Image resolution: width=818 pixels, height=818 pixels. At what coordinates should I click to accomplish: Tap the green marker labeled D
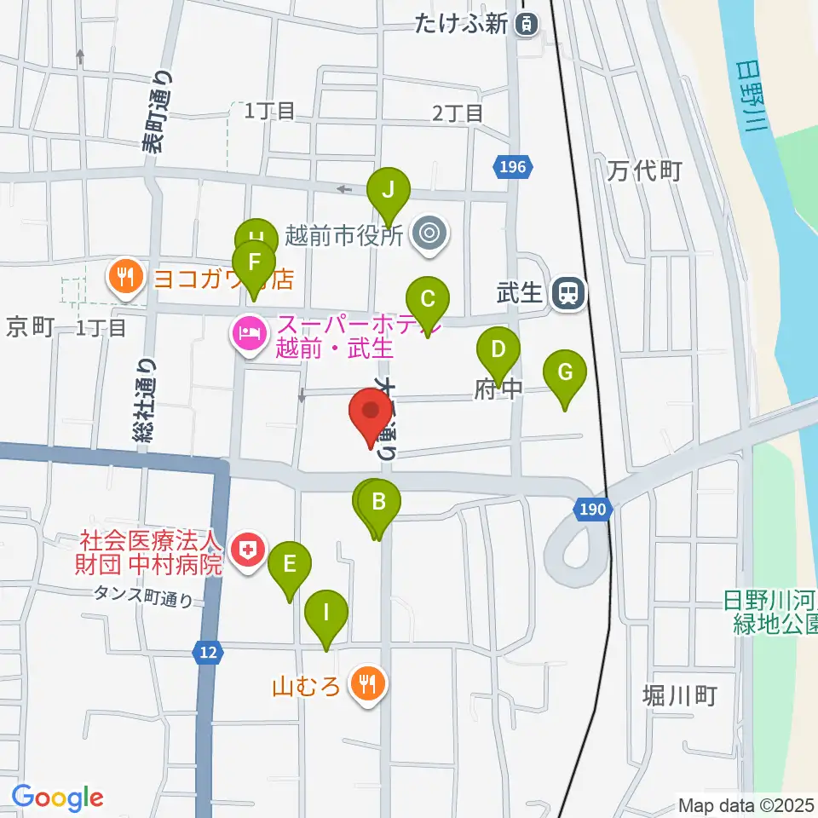click(x=498, y=349)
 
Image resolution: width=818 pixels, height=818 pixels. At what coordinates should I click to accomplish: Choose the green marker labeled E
click(x=290, y=564)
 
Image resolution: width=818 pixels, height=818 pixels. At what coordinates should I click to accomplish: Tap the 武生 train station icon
click(x=567, y=294)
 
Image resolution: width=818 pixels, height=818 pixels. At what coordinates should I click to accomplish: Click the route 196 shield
click(x=514, y=167)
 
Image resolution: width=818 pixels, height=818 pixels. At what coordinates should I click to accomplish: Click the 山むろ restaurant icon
click(x=368, y=683)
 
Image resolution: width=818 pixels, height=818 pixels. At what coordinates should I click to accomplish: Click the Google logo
click(x=57, y=798)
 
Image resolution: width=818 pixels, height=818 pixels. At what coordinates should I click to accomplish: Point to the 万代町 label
click(x=645, y=171)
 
